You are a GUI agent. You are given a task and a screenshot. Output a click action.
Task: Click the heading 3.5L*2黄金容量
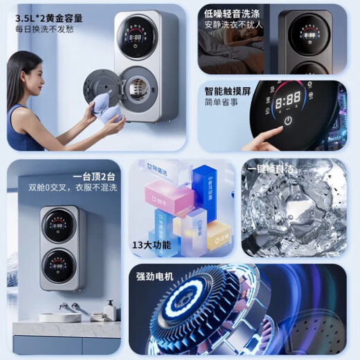tap(48, 17)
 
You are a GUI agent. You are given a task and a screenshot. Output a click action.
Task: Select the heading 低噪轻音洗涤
tap(232, 13)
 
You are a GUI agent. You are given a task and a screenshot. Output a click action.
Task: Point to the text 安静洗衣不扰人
tap(232, 26)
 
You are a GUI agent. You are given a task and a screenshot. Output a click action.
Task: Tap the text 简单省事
tap(221, 102)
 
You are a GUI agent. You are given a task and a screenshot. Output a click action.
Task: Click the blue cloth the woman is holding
tap(102, 109)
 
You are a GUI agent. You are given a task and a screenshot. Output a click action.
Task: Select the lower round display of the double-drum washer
tap(60, 264)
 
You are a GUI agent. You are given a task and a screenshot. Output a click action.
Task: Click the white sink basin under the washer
tap(60, 317)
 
